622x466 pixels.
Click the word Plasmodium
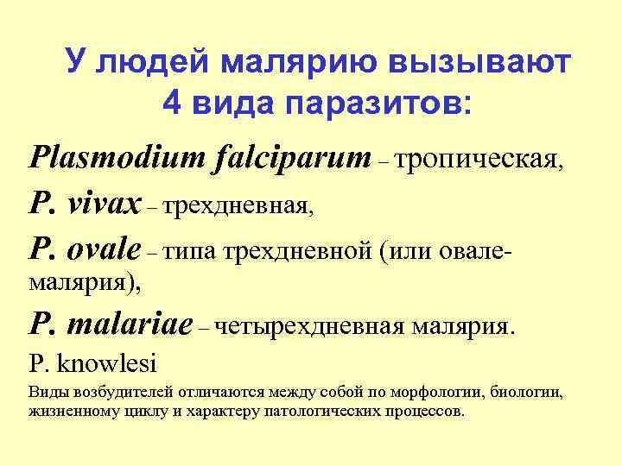tap(102, 158)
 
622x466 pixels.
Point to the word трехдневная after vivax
tap(237, 206)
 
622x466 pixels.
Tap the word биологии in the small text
tap(528, 394)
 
